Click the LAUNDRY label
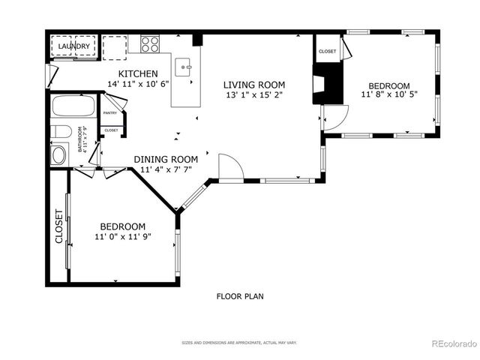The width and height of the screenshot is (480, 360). click(x=74, y=46)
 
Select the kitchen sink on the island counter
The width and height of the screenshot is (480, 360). click(x=184, y=69)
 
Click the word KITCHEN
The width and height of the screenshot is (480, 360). click(x=138, y=73)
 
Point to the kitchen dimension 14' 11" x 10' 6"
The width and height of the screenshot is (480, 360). click(x=138, y=84)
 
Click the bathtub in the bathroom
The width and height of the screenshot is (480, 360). click(x=73, y=106)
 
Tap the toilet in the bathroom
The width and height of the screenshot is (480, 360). click(x=61, y=133)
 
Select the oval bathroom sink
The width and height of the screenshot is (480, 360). click(x=58, y=156)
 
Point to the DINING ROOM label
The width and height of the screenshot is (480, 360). click(x=166, y=159)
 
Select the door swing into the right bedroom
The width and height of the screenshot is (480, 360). click(x=334, y=115)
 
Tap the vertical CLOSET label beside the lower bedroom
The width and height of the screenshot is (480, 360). click(x=58, y=226)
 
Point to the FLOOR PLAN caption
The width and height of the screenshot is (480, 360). click(x=240, y=296)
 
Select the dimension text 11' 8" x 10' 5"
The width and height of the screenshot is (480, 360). click(x=388, y=95)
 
